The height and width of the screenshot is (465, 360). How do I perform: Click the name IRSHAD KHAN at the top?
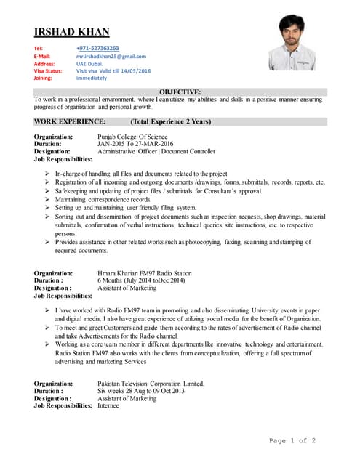(x=71, y=31)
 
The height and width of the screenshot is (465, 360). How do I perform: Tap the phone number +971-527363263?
(x=98, y=48)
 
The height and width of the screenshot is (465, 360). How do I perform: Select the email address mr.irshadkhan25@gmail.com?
(x=111, y=56)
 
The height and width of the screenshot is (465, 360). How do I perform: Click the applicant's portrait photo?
(x=292, y=46)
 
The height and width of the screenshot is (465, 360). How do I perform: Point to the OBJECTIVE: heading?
(x=180, y=92)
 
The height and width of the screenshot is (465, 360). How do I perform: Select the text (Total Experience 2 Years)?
(x=170, y=121)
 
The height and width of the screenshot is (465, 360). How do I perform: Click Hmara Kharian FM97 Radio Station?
(x=148, y=273)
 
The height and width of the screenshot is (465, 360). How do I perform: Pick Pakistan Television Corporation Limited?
(x=151, y=384)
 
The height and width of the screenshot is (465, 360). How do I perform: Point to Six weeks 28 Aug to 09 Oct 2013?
(x=141, y=391)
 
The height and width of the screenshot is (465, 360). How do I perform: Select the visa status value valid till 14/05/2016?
(x=113, y=70)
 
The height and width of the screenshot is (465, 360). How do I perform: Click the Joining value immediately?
(x=97, y=78)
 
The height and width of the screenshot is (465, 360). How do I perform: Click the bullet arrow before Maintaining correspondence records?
(x=47, y=199)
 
